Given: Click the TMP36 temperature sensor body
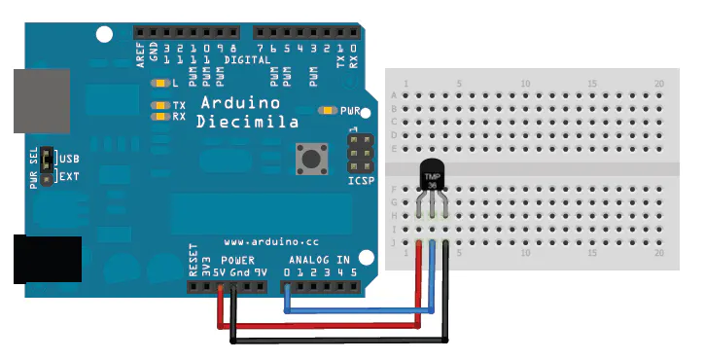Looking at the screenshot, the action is (433, 178).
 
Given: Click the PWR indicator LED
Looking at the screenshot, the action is (328, 111).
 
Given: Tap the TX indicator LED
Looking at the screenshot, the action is (158, 104).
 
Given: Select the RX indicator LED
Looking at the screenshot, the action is (158, 116).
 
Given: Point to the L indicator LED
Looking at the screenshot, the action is (158, 83).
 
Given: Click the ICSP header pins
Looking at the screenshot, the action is (359, 151).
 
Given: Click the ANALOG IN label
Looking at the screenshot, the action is (320, 261).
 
